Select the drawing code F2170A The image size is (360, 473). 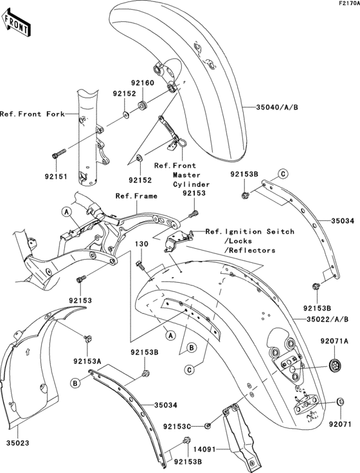pos(346,4)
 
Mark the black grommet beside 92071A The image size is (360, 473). pos(334,365)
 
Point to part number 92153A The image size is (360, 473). pos(87,360)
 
